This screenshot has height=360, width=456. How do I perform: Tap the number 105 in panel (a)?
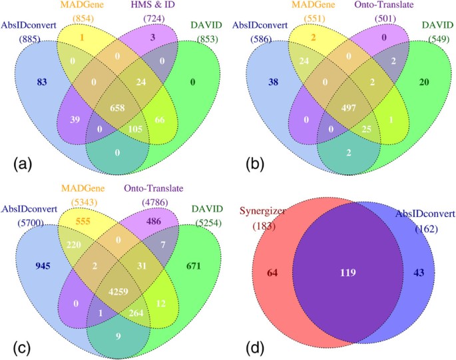[x=136, y=127]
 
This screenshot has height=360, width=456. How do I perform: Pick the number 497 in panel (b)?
[x=343, y=107]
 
